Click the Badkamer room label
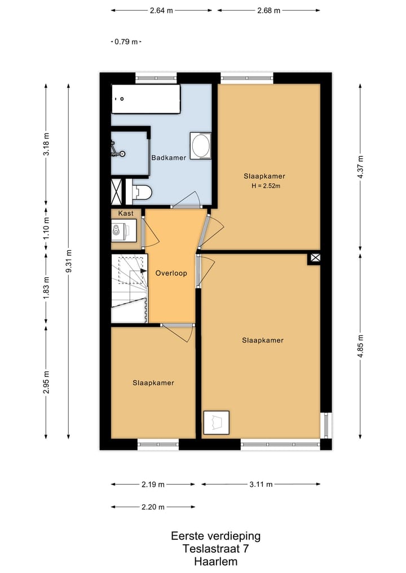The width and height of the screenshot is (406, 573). click(x=169, y=158)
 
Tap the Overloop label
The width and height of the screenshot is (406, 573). click(x=171, y=273)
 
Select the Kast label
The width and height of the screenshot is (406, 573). click(x=126, y=214)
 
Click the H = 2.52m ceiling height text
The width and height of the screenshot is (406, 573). click(x=266, y=186)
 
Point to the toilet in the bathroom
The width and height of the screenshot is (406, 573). click(x=142, y=192)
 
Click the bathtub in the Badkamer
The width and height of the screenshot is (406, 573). click(x=146, y=99)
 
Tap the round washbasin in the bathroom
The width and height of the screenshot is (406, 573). click(x=200, y=145)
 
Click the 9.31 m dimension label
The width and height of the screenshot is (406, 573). click(x=68, y=261)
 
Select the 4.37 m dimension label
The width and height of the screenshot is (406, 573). click(x=360, y=167)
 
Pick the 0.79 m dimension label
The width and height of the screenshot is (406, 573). click(x=126, y=42)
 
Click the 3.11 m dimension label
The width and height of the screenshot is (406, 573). click(x=261, y=485)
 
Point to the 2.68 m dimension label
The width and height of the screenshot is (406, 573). click(x=269, y=11)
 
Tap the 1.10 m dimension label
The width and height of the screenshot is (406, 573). click(x=46, y=229)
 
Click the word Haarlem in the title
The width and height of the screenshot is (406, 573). click(x=216, y=561)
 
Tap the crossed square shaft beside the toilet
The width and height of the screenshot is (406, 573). click(x=116, y=192)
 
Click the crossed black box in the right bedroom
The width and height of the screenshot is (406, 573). click(x=315, y=258)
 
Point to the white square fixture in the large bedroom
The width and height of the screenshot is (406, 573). click(x=217, y=423)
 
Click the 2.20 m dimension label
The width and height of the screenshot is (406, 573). click(x=153, y=507)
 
